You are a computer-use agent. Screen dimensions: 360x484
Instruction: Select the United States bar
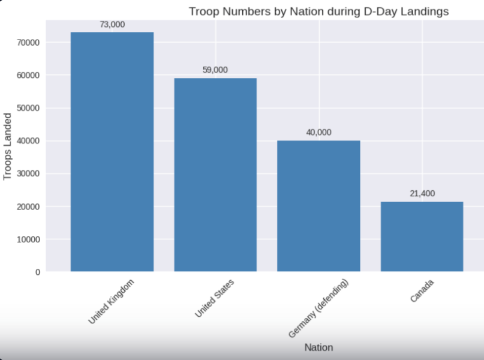pyautogui.click(x=215, y=175)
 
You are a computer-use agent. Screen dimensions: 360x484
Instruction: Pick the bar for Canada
pyautogui.click(x=422, y=236)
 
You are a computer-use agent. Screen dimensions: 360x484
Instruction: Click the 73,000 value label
pyautogui.click(x=112, y=24)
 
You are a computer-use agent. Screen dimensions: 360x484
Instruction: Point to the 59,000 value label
pyautogui.click(x=215, y=70)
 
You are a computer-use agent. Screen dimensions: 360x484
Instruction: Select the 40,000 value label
pyautogui.click(x=318, y=133)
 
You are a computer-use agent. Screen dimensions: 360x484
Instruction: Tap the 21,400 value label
pyautogui.click(x=422, y=193)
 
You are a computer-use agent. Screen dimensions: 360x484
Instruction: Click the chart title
pyautogui.click(x=318, y=11)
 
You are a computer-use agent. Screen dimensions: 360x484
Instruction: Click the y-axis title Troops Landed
pyautogui.click(x=8, y=146)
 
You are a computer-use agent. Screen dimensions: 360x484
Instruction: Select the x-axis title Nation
pyautogui.click(x=318, y=347)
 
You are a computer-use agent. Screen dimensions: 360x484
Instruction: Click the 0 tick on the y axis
pyautogui.click(x=38, y=272)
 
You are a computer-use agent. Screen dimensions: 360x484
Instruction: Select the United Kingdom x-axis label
pyautogui.click(x=112, y=301)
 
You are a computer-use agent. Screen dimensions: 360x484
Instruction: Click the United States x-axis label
pyautogui.click(x=215, y=298)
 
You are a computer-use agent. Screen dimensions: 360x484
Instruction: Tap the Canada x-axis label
pyautogui.click(x=423, y=290)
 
